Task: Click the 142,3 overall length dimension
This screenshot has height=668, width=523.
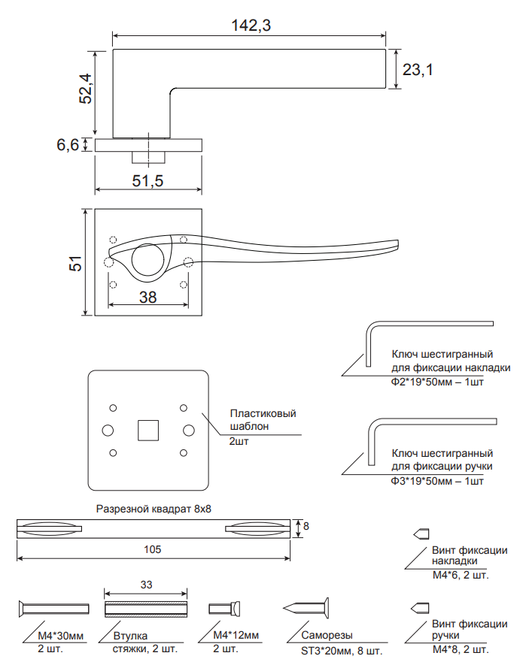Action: tap(251, 26)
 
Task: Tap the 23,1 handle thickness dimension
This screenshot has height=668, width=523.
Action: tap(418, 70)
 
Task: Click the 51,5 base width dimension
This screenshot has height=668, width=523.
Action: tap(147, 181)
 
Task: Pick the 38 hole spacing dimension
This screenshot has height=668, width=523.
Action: tap(147, 297)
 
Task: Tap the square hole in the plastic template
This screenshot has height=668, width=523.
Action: tap(147, 429)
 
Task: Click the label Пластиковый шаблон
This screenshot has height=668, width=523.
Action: tap(263, 420)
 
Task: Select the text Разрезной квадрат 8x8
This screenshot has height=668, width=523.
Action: tap(154, 508)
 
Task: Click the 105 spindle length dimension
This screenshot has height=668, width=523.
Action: tap(153, 549)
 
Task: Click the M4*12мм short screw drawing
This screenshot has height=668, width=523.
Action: tap(225, 608)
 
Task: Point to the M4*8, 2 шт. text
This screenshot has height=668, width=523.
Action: tap(461, 649)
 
